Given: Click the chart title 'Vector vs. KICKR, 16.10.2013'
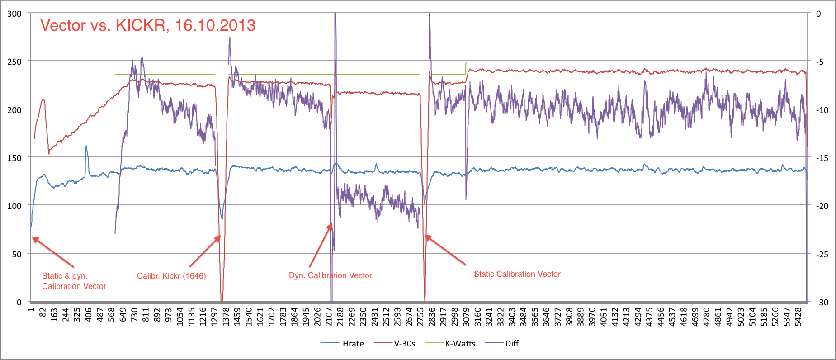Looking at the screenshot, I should tap(148, 25).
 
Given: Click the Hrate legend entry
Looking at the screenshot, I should tap(353, 344).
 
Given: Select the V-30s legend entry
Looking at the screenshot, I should tap(404, 344).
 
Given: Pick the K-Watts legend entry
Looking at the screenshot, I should tap(460, 344).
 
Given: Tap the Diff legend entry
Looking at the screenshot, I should tap(511, 344).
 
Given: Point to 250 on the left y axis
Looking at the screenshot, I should tap(14, 62).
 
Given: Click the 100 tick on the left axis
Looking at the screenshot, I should tap(14, 206).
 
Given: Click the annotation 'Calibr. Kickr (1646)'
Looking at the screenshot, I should tap(171, 276).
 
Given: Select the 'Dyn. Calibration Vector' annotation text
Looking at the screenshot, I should tap(330, 275).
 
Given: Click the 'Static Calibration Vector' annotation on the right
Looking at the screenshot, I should tap(517, 274).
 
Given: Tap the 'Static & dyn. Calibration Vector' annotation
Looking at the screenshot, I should tap(74, 281).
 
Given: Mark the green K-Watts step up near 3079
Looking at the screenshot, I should tap(466, 68).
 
